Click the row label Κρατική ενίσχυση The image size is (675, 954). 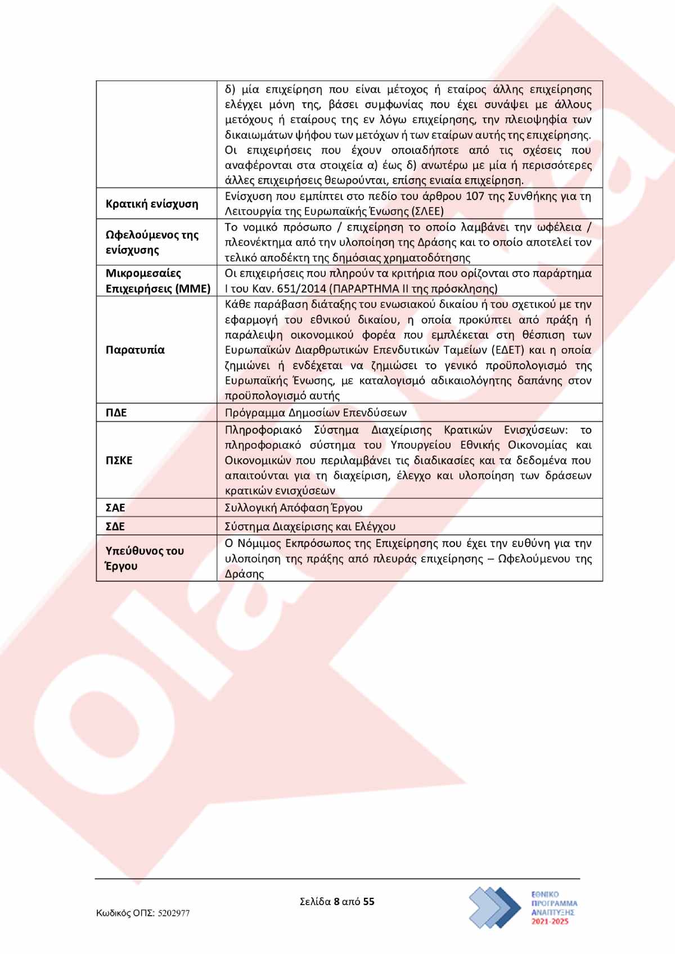click(x=152, y=204)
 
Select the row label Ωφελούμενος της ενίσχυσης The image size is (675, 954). click(x=152, y=242)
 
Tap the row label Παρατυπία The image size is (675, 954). click(x=135, y=350)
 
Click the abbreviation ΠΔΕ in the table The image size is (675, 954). click(x=116, y=413)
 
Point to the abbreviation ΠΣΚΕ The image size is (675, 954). click(x=119, y=460)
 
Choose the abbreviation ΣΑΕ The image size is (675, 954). click(x=115, y=508)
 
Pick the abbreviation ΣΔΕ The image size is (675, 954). click(x=115, y=527)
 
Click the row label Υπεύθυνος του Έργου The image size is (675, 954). click(x=145, y=558)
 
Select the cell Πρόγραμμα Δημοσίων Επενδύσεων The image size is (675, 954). click(x=316, y=413)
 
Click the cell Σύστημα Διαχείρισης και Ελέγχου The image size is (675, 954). click(x=310, y=527)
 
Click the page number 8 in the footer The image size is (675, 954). click(x=336, y=902)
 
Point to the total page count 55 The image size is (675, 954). click(x=369, y=902)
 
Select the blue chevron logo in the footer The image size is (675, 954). click(x=495, y=907)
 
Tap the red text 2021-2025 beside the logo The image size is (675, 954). click(x=553, y=923)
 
